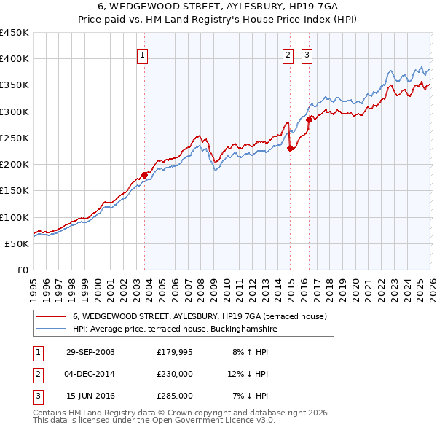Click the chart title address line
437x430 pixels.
point(218,6)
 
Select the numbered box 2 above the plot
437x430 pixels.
point(288,54)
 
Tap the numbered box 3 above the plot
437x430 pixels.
point(307,54)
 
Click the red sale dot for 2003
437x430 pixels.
point(144,175)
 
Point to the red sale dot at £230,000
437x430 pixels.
point(290,148)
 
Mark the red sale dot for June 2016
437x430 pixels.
point(309,119)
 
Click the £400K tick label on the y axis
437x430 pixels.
point(15,59)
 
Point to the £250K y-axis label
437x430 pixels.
point(15,138)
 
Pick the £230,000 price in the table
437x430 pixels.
point(174,374)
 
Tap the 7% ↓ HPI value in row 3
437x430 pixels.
point(251,396)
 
